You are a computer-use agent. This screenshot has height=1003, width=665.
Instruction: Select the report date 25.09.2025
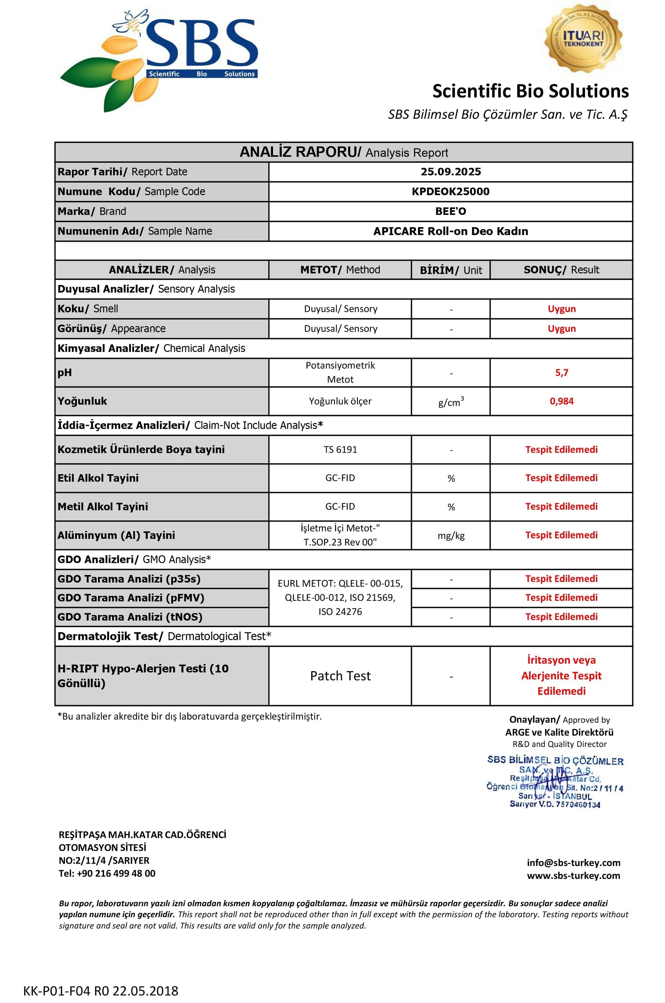[x=451, y=172]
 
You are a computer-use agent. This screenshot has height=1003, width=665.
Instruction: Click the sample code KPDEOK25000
[x=451, y=192]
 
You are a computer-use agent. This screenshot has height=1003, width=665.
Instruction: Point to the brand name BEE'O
[x=451, y=211]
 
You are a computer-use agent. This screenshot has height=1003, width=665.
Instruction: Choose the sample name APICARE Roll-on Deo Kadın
[x=451, y=231]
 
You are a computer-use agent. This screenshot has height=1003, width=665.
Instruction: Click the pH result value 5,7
[x=561, y=373]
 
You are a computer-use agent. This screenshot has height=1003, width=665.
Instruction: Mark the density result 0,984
[x=561, y=401]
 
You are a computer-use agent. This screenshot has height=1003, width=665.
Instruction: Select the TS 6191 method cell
[x=340, y=450]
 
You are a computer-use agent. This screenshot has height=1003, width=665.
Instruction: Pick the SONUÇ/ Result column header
[x=561, y=270]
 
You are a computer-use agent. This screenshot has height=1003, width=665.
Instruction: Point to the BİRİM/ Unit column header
[x=451, y=270]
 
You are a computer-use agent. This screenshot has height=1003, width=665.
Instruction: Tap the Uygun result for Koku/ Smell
[x=561, y=309]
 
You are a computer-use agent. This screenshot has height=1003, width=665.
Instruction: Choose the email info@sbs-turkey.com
[x=573, y=863]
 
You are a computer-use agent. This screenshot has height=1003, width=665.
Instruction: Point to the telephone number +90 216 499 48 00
[x=116, y=873]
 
